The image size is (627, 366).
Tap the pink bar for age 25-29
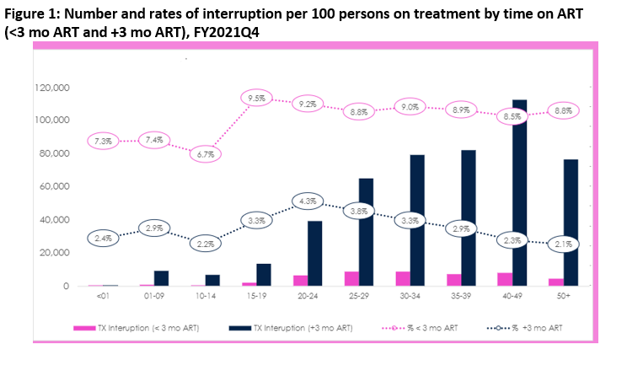(x=352, y=278)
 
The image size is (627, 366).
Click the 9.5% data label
(x=258, y=98)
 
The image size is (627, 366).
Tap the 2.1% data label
(x=564, y=245)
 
